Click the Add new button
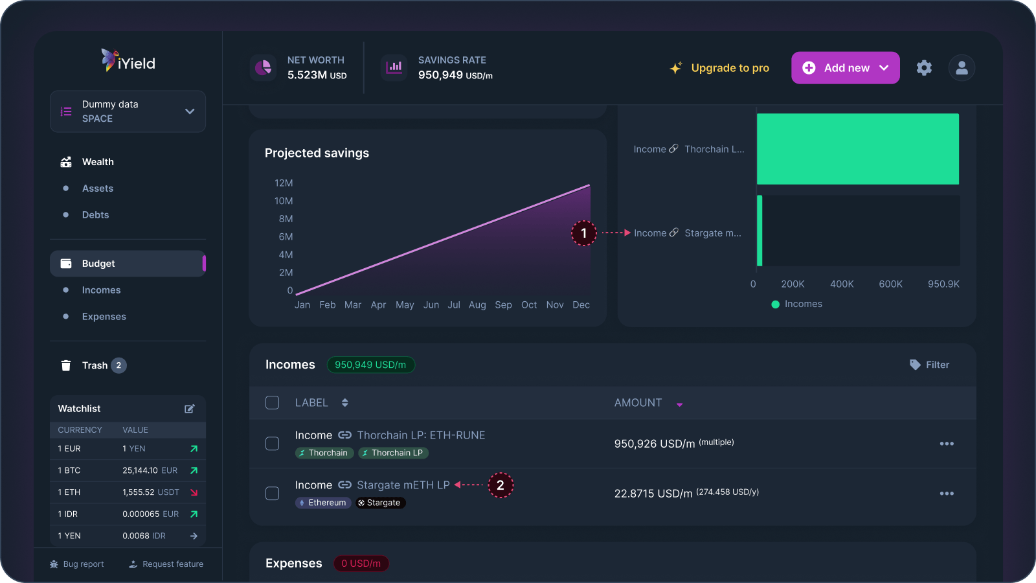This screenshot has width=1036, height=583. tap(845, 68)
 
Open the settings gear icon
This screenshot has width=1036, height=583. tap(924, 68)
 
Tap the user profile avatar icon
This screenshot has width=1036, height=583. tap(962, 68)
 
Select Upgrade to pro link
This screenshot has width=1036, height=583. tap(720, 68)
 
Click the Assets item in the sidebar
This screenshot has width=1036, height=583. tap(98, 189)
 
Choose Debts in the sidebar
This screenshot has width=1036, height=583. tap(95, 215)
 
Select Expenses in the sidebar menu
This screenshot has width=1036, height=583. tap(104, 317)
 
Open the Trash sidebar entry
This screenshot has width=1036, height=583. tap(95, 365)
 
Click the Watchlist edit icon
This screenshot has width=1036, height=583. tap(190, 409)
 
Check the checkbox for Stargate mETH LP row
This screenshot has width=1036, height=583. tap(273, 494)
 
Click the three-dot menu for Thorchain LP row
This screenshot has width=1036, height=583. tap(947, 444)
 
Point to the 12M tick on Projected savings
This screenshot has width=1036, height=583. tap(284, 183)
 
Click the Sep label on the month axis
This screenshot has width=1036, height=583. tap(503, 305)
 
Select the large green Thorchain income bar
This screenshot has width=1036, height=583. tap(857, 149)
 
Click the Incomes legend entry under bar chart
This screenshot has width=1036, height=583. tap(797, 304)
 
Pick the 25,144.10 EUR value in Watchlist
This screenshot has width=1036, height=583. tap(150, 470)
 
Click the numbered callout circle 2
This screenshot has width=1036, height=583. tap(500, 485)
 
